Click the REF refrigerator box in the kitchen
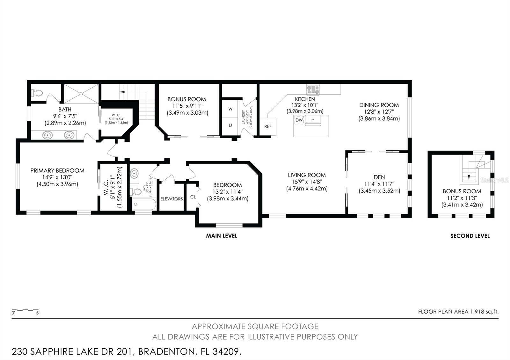[x=268, y=126]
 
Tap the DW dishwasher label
[x=299, y=120]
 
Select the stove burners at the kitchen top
[x=313, y=90]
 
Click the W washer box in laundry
[x=230, y=109]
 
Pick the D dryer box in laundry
[x=230, y=125]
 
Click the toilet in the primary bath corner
[x=37, y=93]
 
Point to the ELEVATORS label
[x=171, y=199]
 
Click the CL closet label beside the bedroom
[x=193, y=197]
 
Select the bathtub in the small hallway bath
[x=144, y=204]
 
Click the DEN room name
[x=379, y=177]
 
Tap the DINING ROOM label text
[x=379, y=105]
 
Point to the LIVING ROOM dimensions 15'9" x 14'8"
[x=306, y=182]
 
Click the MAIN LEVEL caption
[x=222, y=236]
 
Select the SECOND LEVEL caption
[x=470, y=236]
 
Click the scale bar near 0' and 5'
[x=25, y=310]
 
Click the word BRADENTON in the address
[x=166, y=352]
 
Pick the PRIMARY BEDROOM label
[x=57, y=170]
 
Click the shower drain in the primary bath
[x=81, y=94]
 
